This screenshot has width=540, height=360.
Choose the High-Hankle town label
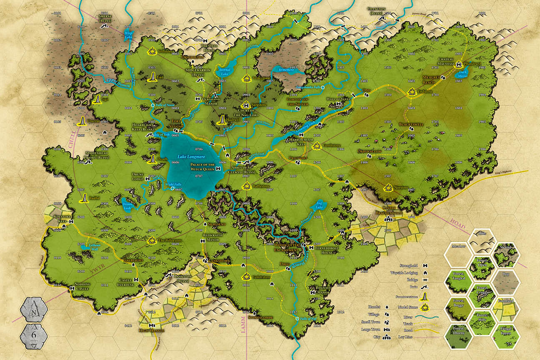[x=152, y=330]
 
